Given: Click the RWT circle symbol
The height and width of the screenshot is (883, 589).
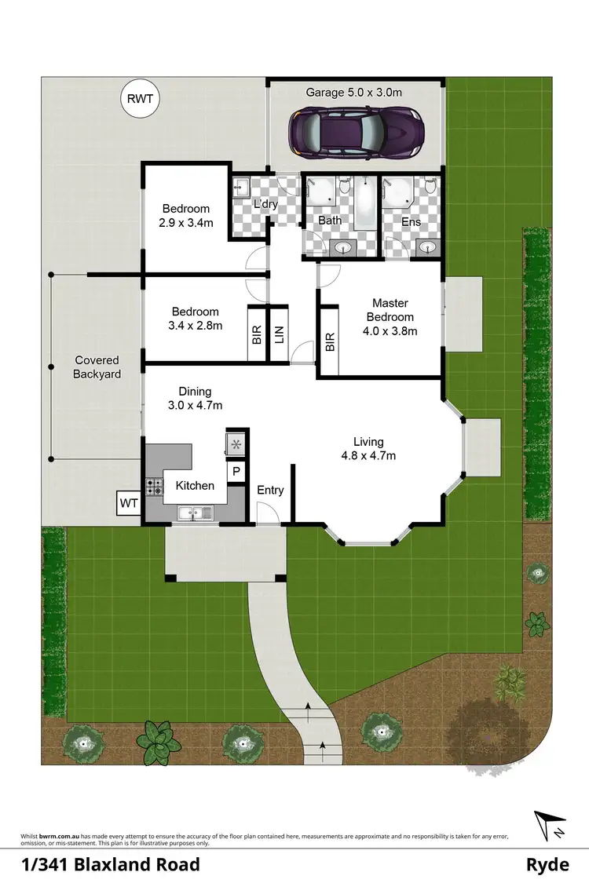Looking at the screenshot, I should [141, 100].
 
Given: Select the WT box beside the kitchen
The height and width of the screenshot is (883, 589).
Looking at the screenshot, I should [128, 502].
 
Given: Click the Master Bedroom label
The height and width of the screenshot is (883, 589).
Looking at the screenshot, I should [390, 317].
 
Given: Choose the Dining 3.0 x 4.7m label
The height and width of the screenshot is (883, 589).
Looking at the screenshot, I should [195, 399].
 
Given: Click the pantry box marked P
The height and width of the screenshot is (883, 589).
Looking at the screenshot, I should [235, 471].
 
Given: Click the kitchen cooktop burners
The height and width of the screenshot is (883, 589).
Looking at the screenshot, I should [153, 487].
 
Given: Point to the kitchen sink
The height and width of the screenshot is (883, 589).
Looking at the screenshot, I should [193, 513].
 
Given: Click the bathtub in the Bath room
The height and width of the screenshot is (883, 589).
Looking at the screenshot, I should [366, 203].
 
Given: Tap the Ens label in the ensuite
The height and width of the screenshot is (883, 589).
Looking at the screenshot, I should [411, 221].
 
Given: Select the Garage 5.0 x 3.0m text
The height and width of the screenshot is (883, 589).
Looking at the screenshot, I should [353, 93].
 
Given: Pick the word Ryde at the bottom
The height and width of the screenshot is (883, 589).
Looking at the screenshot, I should [547, 865].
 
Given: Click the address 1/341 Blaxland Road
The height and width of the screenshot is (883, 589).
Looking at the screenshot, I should [110, 865].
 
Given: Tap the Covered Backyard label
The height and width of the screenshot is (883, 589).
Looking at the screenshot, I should [97, 367].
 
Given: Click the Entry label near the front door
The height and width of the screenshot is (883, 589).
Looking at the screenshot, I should [270, 491].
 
